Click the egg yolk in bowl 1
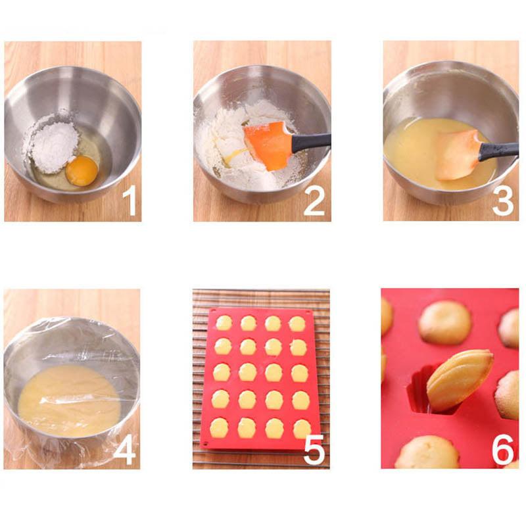tap(82, 170)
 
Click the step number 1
tap(130, 201)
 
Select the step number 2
tap(314, 201)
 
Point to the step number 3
tap(503, 201)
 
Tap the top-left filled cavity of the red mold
tap(224, 323)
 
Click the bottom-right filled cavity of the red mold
tap(301, 429)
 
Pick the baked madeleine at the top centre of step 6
tap(445, 322)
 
